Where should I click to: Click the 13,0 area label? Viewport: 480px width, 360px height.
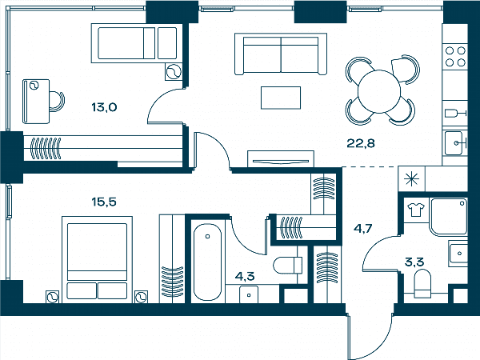(x=104, y=107)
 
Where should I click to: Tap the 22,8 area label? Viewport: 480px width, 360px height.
(x=361, y=143)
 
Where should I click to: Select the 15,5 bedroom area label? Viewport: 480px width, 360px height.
(x=104, y=202)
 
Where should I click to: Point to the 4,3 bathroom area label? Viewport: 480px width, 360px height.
(x=245, y=276)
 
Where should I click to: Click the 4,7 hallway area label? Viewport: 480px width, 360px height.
(x=362, y=228)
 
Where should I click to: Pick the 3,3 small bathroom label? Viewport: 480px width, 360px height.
(x=414, y=262)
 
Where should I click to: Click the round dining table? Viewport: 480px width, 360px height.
(x=379, y=91)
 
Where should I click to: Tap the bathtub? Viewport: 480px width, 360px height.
(x=208, y=262)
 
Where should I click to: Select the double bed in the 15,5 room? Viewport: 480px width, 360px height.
(x=97, y=259)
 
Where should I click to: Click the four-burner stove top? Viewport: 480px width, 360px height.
(x=455, y=56)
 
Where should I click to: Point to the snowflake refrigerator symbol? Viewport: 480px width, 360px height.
(x=411, y=179)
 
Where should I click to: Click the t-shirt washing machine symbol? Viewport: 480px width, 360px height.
(x=416, y=210)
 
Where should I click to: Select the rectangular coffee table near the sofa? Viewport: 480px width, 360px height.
(x=281, y=98)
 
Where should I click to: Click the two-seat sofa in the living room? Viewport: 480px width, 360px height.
(x=281, y=54)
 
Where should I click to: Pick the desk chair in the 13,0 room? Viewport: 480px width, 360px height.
(x=58, y=101)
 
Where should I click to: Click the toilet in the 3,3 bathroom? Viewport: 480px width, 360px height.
(x=422, y=283)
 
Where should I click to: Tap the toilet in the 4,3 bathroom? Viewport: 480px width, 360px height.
(x=287, y=265)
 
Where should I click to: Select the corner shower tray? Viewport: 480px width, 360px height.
(x=449, y=217)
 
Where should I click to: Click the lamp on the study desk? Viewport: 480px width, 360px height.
(x=34, y=86)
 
